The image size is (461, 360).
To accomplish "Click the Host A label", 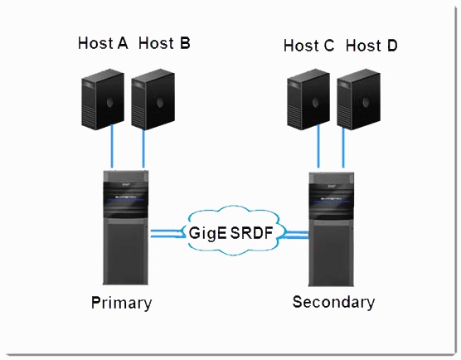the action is [103, 43].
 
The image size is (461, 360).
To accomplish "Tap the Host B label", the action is [164, 43].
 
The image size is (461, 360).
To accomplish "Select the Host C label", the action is [308, 46].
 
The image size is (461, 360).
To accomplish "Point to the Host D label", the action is [371, 46].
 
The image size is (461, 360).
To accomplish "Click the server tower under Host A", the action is [103, 99].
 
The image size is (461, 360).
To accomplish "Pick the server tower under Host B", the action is [153, 99].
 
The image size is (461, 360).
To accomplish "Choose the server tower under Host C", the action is [308, 99].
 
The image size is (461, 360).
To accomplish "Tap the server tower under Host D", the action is [359, 99].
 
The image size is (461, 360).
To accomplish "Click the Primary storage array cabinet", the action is [125, 227].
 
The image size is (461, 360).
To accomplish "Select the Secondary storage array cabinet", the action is [331, 229].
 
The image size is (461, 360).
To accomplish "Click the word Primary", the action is [121, 303].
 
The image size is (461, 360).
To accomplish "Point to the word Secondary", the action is [333, 302].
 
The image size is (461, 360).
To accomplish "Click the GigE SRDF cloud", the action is [233, 231].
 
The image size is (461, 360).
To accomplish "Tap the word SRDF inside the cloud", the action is [252, 233].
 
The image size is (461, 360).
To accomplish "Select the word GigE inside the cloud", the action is [208, 234].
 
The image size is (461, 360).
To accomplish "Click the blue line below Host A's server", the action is [112, 146].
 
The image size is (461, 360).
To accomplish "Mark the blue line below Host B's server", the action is [143, 148].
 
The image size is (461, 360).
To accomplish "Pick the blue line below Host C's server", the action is [318, 146].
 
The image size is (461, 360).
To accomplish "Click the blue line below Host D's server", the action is [343, 148].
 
